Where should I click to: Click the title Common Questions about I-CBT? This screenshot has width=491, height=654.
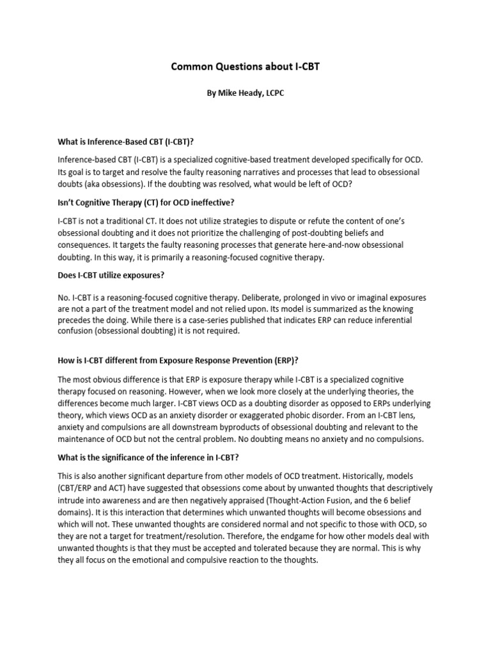245,67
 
